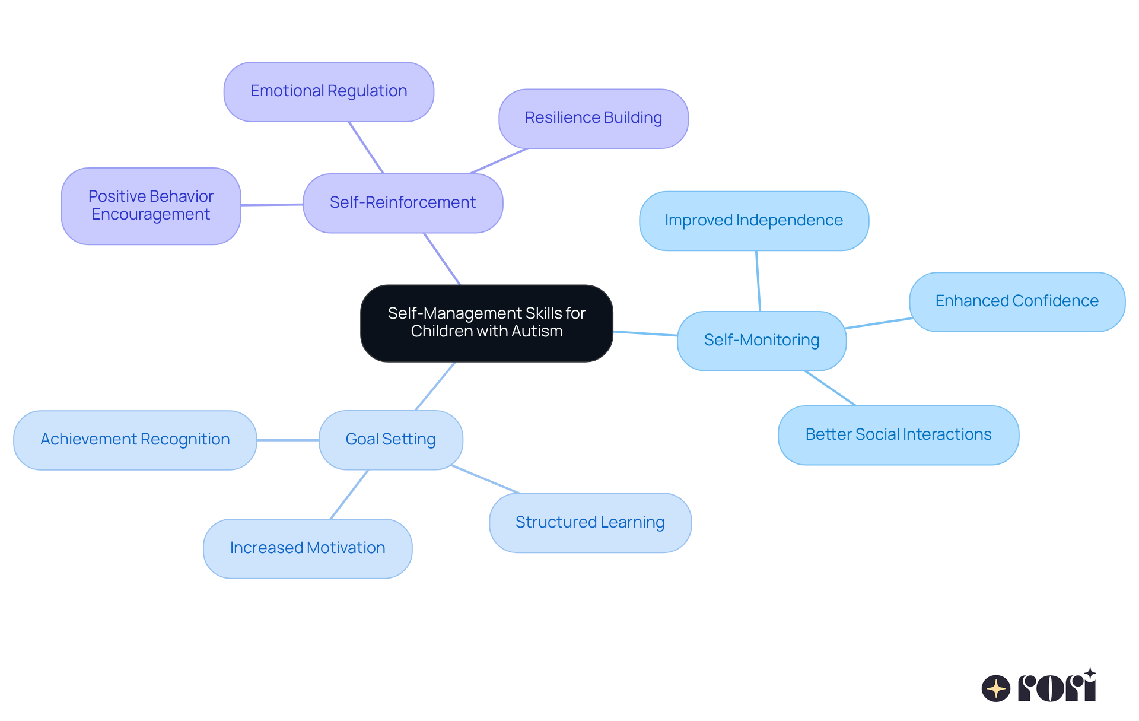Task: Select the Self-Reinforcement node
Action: (x=403, y=203)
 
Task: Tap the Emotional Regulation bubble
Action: (x=329, y=91)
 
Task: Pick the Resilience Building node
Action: (x=593, y=118)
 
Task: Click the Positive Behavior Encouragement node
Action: (x=151, y=205)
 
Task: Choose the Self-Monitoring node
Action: (x=761, y=341)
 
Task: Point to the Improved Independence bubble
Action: (x=753, y=221)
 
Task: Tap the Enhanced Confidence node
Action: (x=1017, y=301)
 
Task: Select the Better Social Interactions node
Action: (x=898, y=435)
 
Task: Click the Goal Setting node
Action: (x=390, y=440)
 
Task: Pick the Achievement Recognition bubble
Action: (x=135, y=440)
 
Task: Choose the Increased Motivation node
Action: (x=307, y=548)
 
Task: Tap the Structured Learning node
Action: (x=590, y=523)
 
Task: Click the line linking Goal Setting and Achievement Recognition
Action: (x=288, y=440)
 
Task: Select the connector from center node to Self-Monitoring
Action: (x=645, y=333)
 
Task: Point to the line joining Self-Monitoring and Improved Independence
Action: (x=758, y=281)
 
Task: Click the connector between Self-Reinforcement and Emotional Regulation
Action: (x=366, y=148)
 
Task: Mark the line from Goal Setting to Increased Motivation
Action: (x=349, y=494)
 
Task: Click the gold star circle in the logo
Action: (x=995, y=688)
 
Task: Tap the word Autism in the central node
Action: (x=536, y=331)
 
